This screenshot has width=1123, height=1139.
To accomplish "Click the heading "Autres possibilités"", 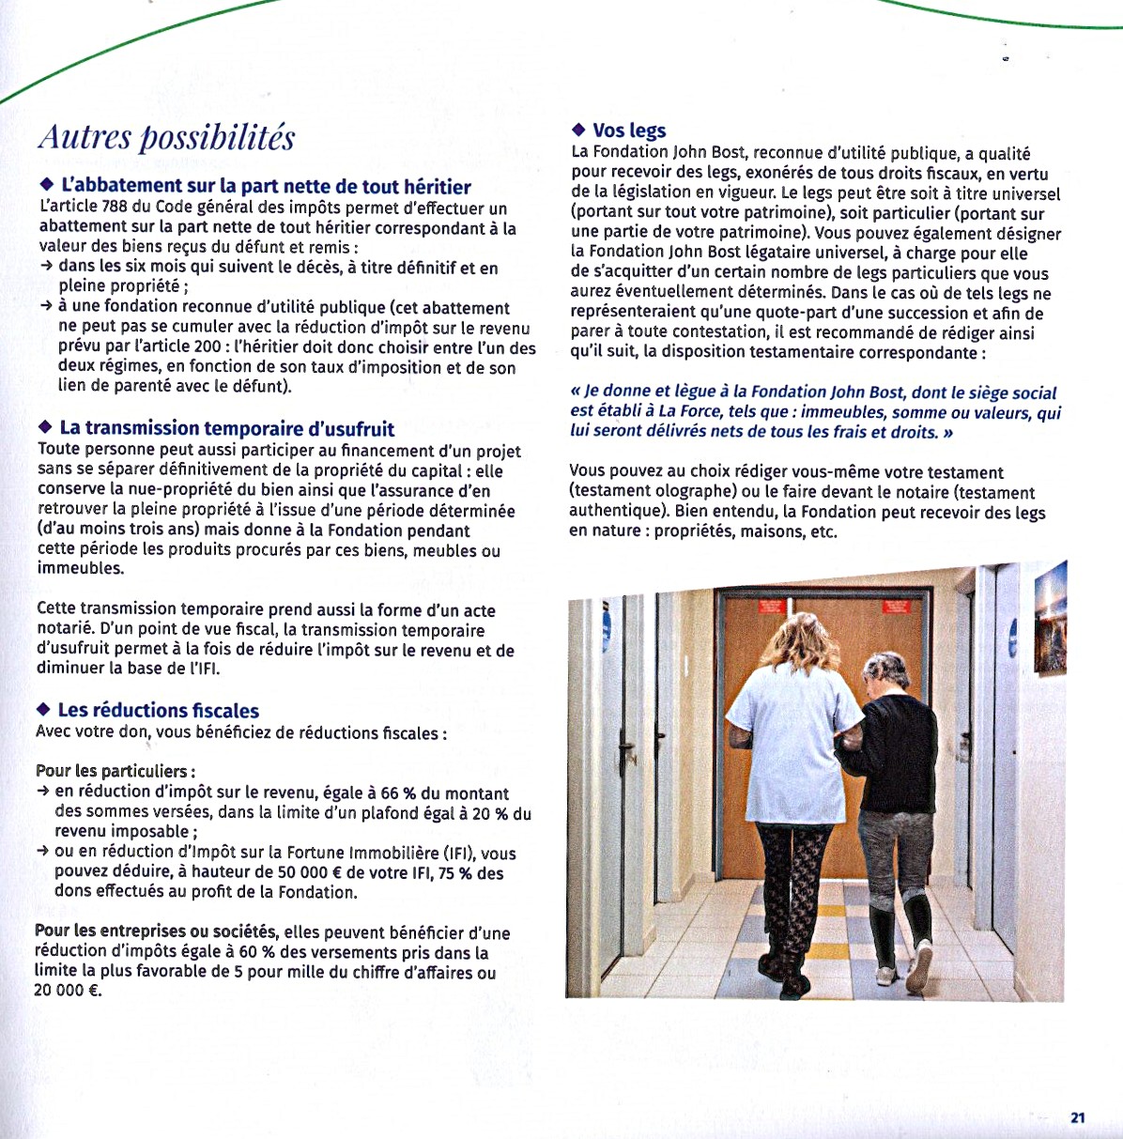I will pyautogui.click(x=166, y=138).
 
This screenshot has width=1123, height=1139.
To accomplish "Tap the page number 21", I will pyautogui.click(x=1077, y=1117).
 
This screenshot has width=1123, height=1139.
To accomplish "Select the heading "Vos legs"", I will pyautogui.click(x=628, y=131).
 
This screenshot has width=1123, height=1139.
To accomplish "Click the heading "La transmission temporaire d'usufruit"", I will pyautogui.click(x=226, y=429).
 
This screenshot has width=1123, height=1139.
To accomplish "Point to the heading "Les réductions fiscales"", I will pyautogui.click(x=158, y=711).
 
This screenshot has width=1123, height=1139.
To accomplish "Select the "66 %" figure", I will pyautogui.click(x=398, y=793).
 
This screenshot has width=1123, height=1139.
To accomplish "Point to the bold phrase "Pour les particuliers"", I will pyautogui.click(x=115, y=771).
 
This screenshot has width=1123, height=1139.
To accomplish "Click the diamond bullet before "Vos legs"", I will pyautogui.click(x=578, y=130).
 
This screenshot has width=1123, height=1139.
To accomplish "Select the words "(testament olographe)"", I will pyautogui.click(x=653, y=492).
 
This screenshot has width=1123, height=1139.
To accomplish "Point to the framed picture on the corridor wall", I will pyautogui.click(x=1051, y=618).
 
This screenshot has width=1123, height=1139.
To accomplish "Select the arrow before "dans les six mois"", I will pyautogui.click(x=47, y=268).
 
